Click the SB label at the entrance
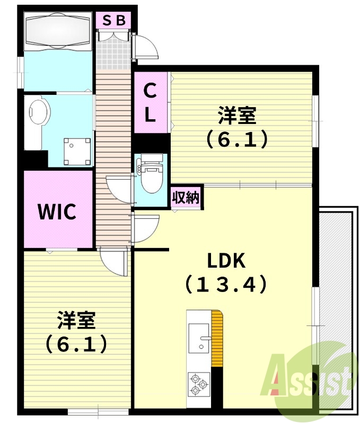point(114,20)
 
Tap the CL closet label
point(150,102)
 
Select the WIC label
point(57,211)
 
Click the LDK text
point(226,260)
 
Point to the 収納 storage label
point(186,198)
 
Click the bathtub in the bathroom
point(58,31)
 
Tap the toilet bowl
point(152,176)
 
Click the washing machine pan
point(77,152)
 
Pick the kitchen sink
point(199,338)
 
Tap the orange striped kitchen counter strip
point(217,338)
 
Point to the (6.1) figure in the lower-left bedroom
point(76,344)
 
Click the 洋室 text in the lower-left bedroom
point(76,320)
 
